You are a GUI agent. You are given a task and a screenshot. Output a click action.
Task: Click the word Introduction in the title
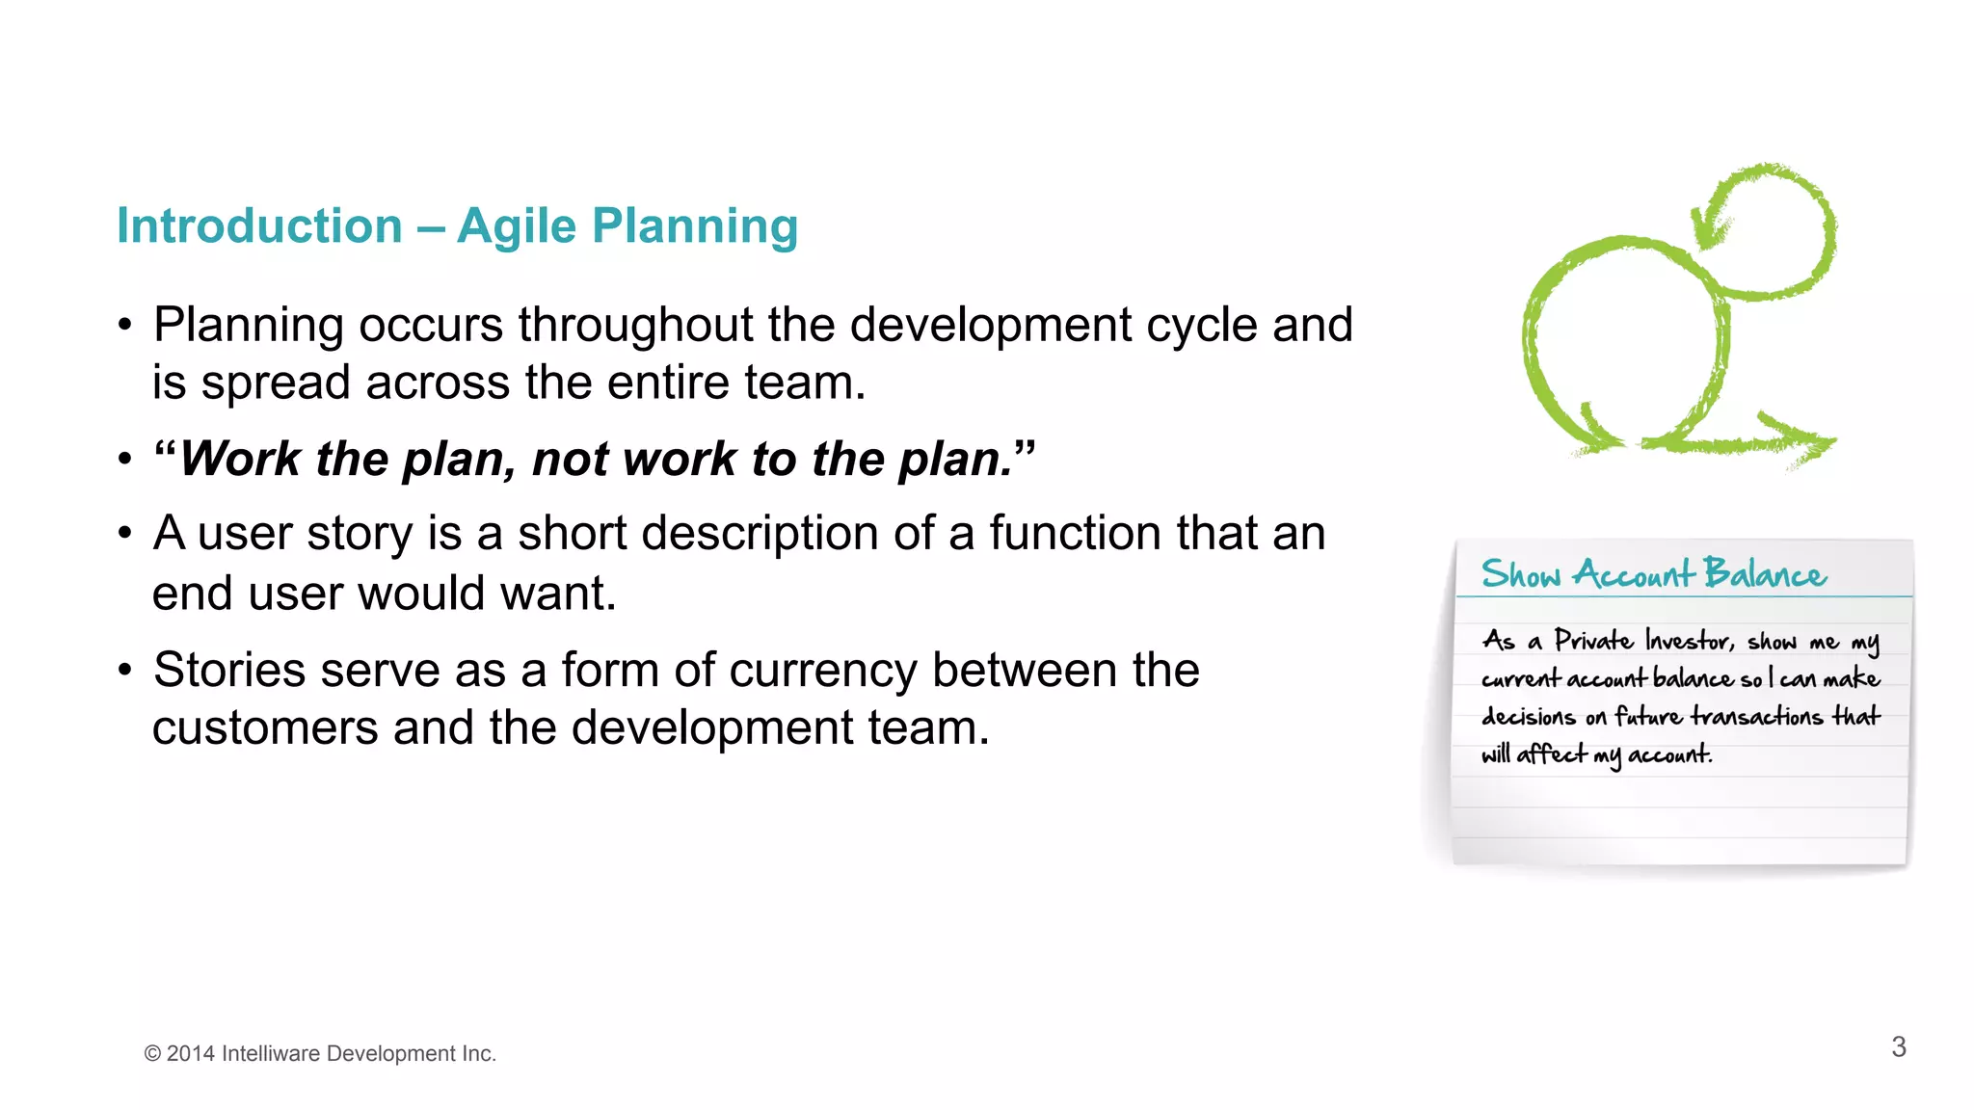pos(259,226)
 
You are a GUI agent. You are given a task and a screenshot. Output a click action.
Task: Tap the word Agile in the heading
pos(516,226)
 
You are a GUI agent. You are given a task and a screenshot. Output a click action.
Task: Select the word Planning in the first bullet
pos(248,326)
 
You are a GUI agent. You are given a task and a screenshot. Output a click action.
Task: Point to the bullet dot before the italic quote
pos(124,460)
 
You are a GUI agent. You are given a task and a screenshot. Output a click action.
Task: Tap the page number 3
pos(1898,1047)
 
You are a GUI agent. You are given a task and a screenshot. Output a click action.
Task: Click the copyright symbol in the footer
pos(152,1054)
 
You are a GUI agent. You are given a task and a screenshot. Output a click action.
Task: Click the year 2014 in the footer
pos(190,1054)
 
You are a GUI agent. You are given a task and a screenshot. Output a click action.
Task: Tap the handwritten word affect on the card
pos(1551,754)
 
